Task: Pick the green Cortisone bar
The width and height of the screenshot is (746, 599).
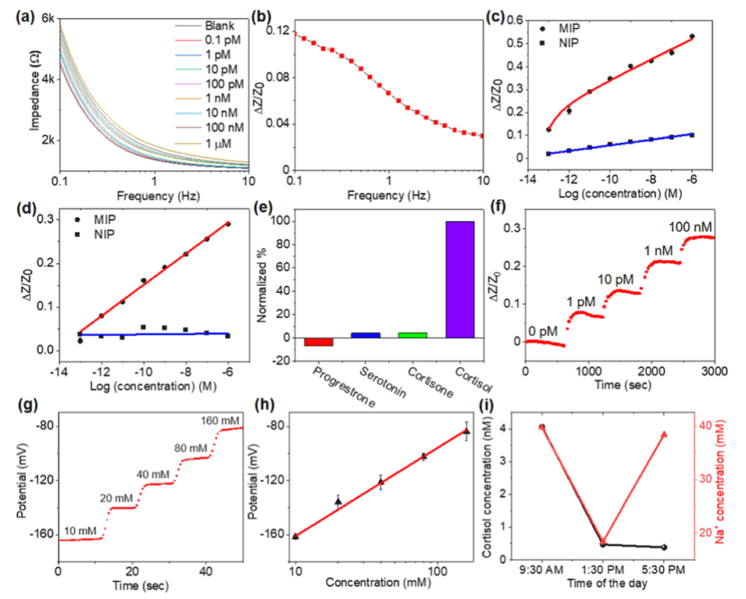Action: pos(412,335)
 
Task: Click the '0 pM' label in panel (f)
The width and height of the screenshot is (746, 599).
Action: pos(543,330)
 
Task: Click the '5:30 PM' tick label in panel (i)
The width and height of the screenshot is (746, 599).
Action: pos(665,571)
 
